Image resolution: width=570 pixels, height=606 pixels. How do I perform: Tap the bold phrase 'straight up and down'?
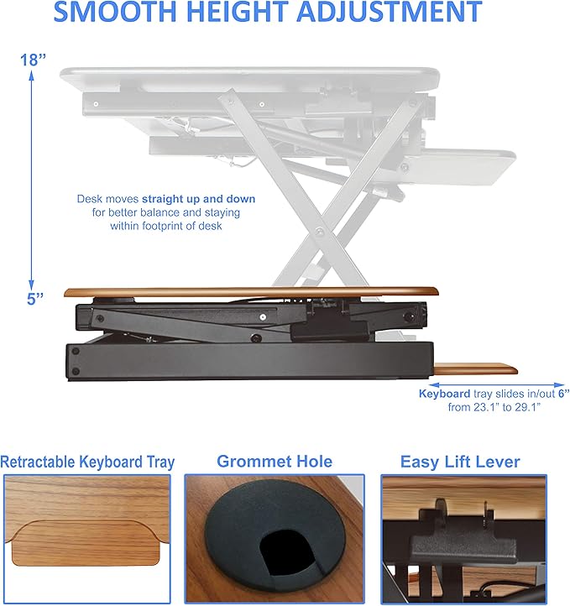tap(198, 199)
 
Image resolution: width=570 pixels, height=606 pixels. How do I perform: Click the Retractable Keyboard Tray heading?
tap(87, 462)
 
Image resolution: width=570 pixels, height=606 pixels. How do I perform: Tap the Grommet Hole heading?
tap(275, 462)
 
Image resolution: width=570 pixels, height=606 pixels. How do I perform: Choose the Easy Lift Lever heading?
tap(459, 462)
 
